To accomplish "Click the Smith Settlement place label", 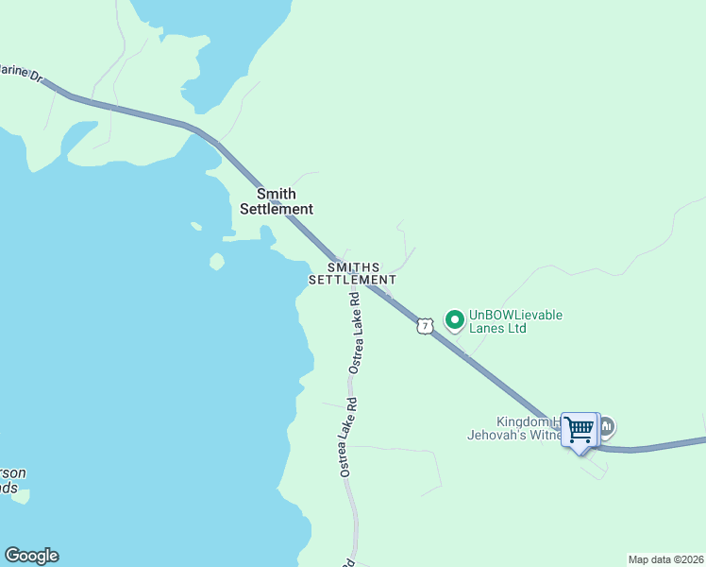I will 276,201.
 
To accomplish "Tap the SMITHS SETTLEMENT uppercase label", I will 352,274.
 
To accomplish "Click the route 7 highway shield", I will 425,326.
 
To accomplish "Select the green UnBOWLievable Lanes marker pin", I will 455,320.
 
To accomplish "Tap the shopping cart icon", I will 580,430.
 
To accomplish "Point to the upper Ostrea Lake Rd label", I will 355,333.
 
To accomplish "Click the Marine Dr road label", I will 21,73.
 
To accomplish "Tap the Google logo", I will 31,556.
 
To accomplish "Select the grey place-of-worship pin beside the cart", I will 607,427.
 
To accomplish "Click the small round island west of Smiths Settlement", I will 217,261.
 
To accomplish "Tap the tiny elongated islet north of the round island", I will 196,226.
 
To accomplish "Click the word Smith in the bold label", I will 276,194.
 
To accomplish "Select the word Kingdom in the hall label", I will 522,422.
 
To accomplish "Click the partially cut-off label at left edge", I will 13,480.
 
